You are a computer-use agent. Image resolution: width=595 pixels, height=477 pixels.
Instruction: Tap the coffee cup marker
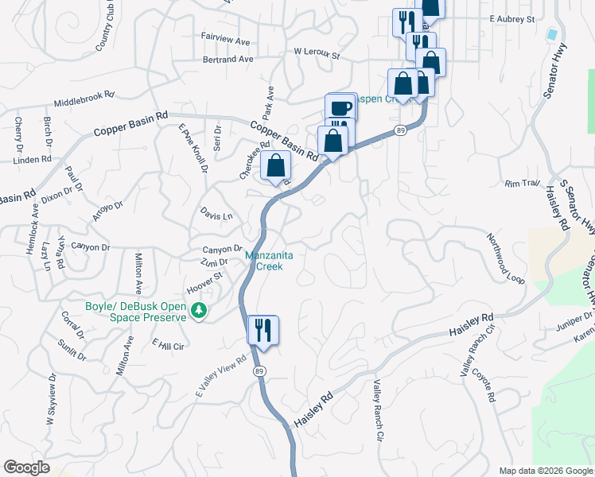click(x=340, y=107)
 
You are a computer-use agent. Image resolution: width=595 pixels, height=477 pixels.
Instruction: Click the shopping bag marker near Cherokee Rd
click(x=275, y=166)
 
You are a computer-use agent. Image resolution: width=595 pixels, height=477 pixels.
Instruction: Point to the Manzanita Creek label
click(x=275, y=261)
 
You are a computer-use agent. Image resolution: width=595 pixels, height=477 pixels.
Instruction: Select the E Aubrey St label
click(x=512, y=17)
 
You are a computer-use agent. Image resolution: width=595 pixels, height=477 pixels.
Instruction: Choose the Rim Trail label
click(x=522, y=184)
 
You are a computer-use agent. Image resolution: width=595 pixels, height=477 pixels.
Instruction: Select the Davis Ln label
click(x=216, y=215)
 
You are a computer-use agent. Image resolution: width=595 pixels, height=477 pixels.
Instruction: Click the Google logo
click(x=26, y=467)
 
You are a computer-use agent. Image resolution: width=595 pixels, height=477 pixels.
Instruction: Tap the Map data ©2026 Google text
click(x=545, y=471)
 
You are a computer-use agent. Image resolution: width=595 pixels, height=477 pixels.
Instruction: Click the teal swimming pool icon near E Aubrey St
click(x=551, y=35)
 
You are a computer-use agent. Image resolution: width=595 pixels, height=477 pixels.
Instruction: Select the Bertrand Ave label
click(x=228, y=59)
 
